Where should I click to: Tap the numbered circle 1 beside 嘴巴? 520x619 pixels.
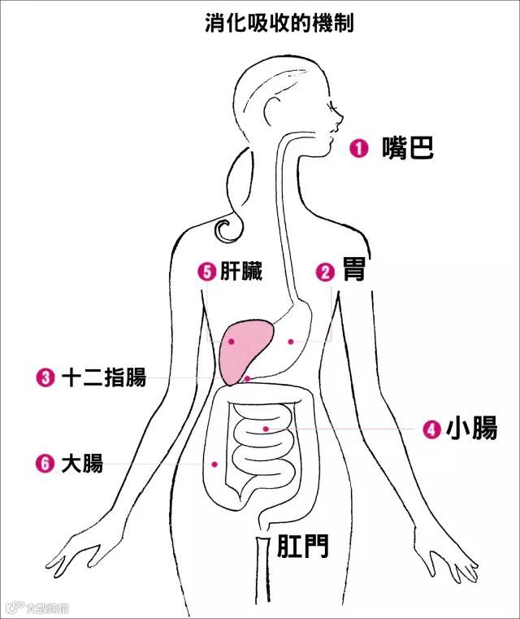pyautogui.click(x=359, y=148)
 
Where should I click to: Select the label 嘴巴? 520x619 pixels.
pyautogui.click(x=408, y=147)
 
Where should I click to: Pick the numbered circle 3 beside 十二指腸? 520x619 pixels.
pyautogui.click(x=45, y=377)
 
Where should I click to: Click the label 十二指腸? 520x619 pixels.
pyautogui.click(x=103, y=377)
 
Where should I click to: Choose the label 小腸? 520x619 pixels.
pyautogui.click(x=471, y=429)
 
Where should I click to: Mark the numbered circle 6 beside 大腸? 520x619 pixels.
pyautogui.click(x=45, y=464)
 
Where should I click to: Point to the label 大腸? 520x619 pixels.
pyautogui.click(x=82, y=464)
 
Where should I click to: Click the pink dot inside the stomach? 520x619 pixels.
pyautogui.click(x=289, y=341)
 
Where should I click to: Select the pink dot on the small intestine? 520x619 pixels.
pyautogui.click(x=265, y=428)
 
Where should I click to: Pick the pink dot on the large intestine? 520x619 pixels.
pyautogui.click(x=215, y=464)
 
